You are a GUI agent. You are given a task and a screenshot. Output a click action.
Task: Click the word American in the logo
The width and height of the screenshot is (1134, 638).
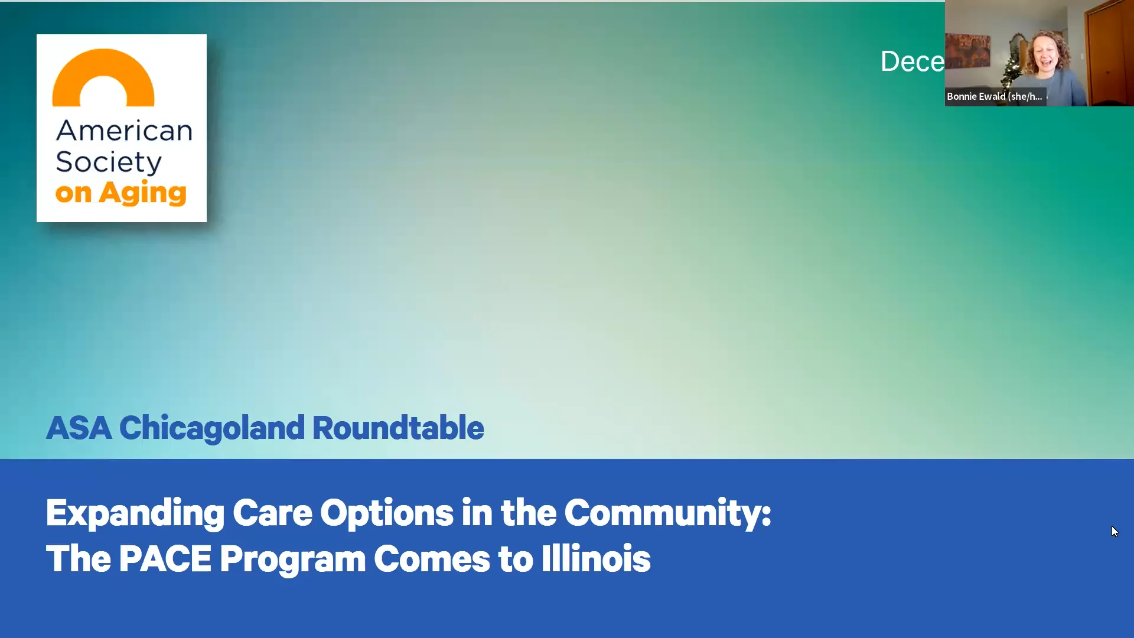124,131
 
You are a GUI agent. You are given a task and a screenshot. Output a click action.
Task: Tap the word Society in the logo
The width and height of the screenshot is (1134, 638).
109,162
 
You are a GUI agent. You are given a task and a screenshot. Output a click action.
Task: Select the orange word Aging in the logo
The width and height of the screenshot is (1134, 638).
142,193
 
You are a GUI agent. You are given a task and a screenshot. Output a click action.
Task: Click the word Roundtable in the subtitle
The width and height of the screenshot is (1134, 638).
397,428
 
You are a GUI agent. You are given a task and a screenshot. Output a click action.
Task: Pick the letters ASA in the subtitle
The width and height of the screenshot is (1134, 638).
79,428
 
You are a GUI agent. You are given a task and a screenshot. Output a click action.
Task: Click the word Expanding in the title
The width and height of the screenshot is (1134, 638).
135,513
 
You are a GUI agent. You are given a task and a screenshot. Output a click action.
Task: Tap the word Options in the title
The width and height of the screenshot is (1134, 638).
386,513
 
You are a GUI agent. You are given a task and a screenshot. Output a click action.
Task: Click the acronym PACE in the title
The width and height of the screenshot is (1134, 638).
165,559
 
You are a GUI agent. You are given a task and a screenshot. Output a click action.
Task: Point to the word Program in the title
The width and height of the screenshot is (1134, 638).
292,559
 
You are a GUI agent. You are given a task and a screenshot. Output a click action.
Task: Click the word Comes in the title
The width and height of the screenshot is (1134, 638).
431,559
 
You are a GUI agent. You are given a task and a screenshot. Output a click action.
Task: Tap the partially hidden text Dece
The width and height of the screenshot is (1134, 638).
912,61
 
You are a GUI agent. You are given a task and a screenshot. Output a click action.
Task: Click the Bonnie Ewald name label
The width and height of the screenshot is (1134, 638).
995,96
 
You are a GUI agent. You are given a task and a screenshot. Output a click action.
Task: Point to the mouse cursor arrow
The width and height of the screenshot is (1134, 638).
1115,532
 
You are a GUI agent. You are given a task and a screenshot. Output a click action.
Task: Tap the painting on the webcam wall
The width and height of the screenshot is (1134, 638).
967,50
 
